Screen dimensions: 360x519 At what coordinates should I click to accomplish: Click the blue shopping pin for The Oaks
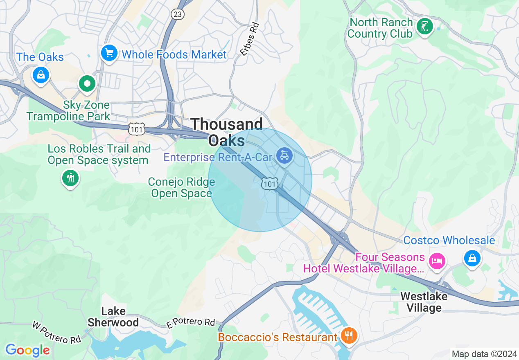(x=41, y=75)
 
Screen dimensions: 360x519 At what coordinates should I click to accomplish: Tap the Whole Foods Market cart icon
(x=109, y=53)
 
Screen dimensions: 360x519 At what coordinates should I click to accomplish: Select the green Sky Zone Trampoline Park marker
(x=87, y=84)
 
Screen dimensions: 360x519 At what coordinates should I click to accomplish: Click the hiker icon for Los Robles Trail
(x=71, y=178)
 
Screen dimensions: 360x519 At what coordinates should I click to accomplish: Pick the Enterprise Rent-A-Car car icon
(x=284, y=156)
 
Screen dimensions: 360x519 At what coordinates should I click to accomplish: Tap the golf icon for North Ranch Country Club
(x=424, y=27)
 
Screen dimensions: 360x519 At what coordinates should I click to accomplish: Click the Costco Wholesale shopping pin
(x=472, y=258)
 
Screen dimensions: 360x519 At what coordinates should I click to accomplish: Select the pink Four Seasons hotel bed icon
(x=437, y=261)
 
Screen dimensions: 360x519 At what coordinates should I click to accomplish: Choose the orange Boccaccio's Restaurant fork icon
(x=349, y=336)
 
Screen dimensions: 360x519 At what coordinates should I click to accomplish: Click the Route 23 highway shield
(x=177, y=14)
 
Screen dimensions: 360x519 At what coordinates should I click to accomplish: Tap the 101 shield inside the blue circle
(x=270, y=184)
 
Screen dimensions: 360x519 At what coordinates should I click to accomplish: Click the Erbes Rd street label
(x=250, y=39)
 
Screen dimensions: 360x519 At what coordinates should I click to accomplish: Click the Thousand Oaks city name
(x=227, y=132)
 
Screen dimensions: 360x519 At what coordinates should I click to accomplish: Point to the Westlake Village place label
(x=424, y=302)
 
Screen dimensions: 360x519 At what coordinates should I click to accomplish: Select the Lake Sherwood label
(x=113, y=317)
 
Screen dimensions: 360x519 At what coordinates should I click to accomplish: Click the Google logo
(x=27, y=350)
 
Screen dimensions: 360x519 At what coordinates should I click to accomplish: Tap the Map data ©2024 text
(x=483, y=354)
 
